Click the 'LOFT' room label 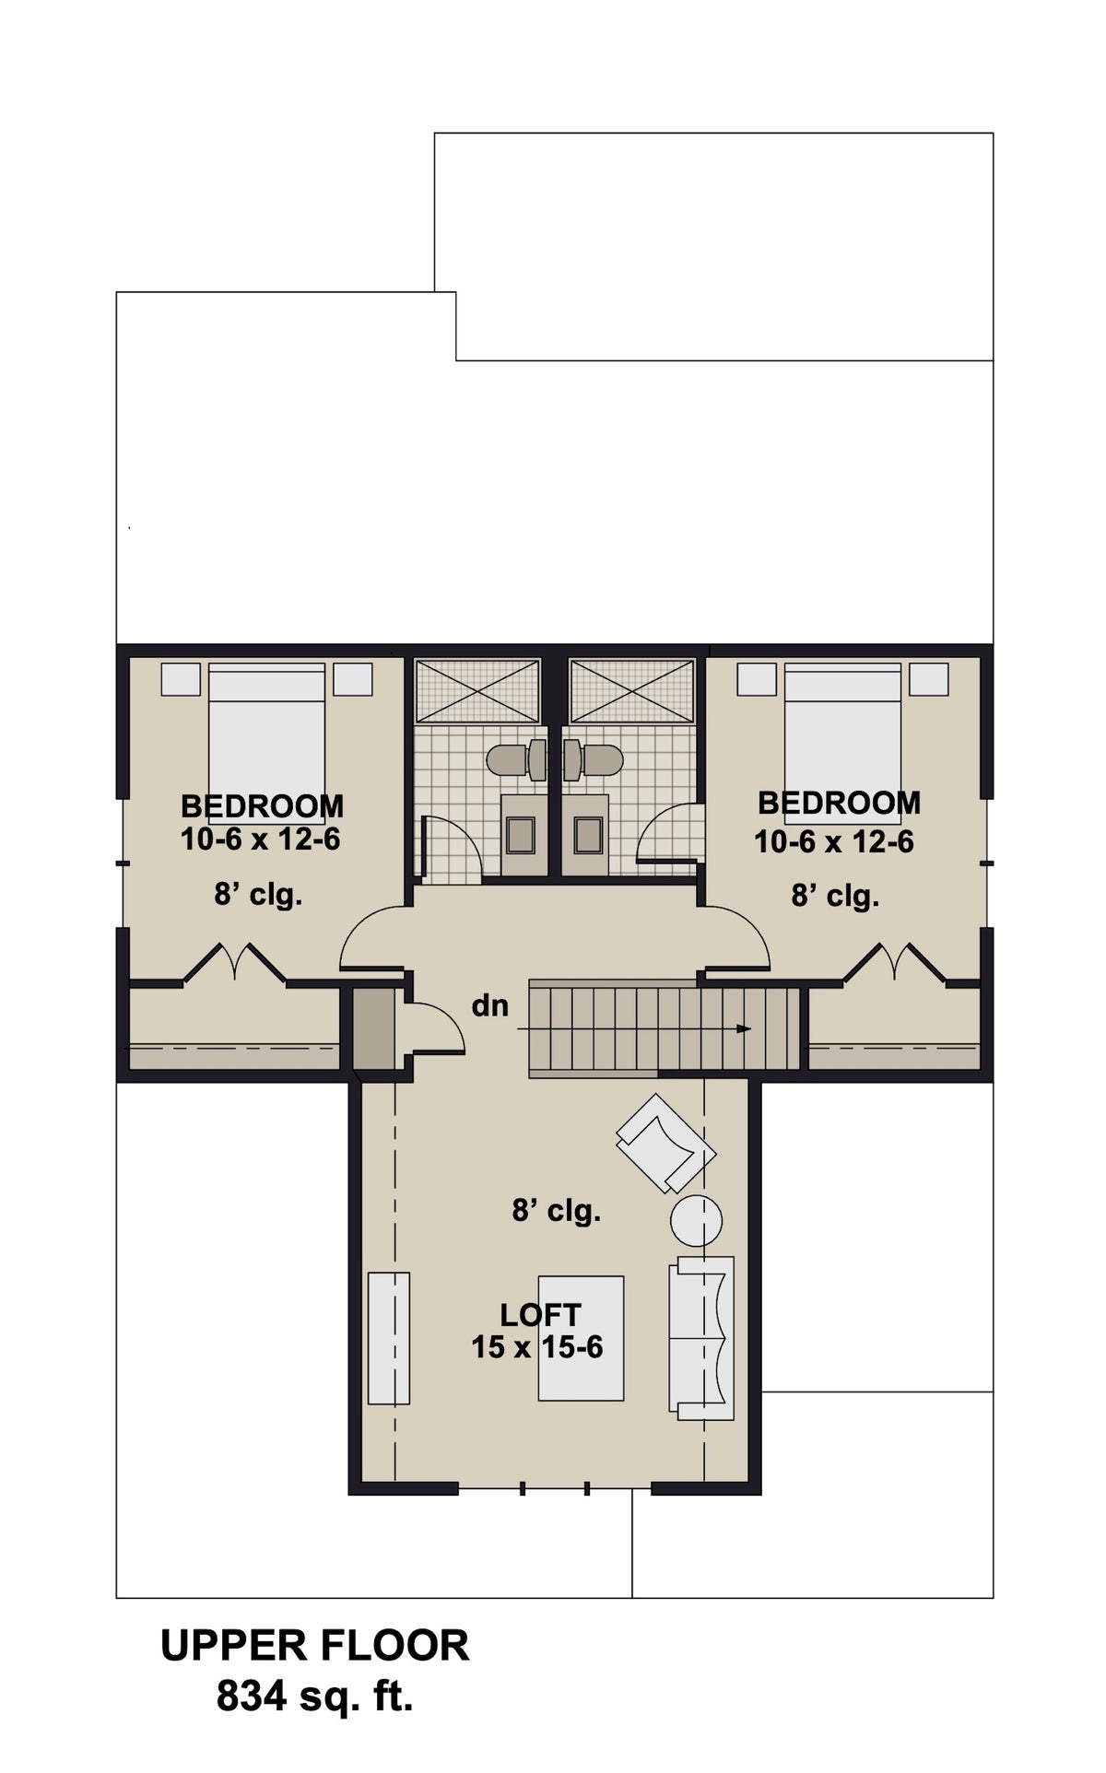(x=540, y=1314)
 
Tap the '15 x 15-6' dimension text (x=537, y=1347)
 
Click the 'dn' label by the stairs (x=489, y=1005)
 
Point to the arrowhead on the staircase (x=744, y=1029)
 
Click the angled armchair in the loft (x=665, y=1144)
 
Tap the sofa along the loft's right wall (x=701, y=1337)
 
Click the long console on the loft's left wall (x=389, y=1337)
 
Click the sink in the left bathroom (x=522, y=835)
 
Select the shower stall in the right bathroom (x=632, y=690)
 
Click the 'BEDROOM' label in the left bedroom (x=262, y=806)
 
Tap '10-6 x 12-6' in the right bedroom (x=834, y=841)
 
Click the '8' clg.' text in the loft (x=557, y=1210)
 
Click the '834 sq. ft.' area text (x=314, y=1696)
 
